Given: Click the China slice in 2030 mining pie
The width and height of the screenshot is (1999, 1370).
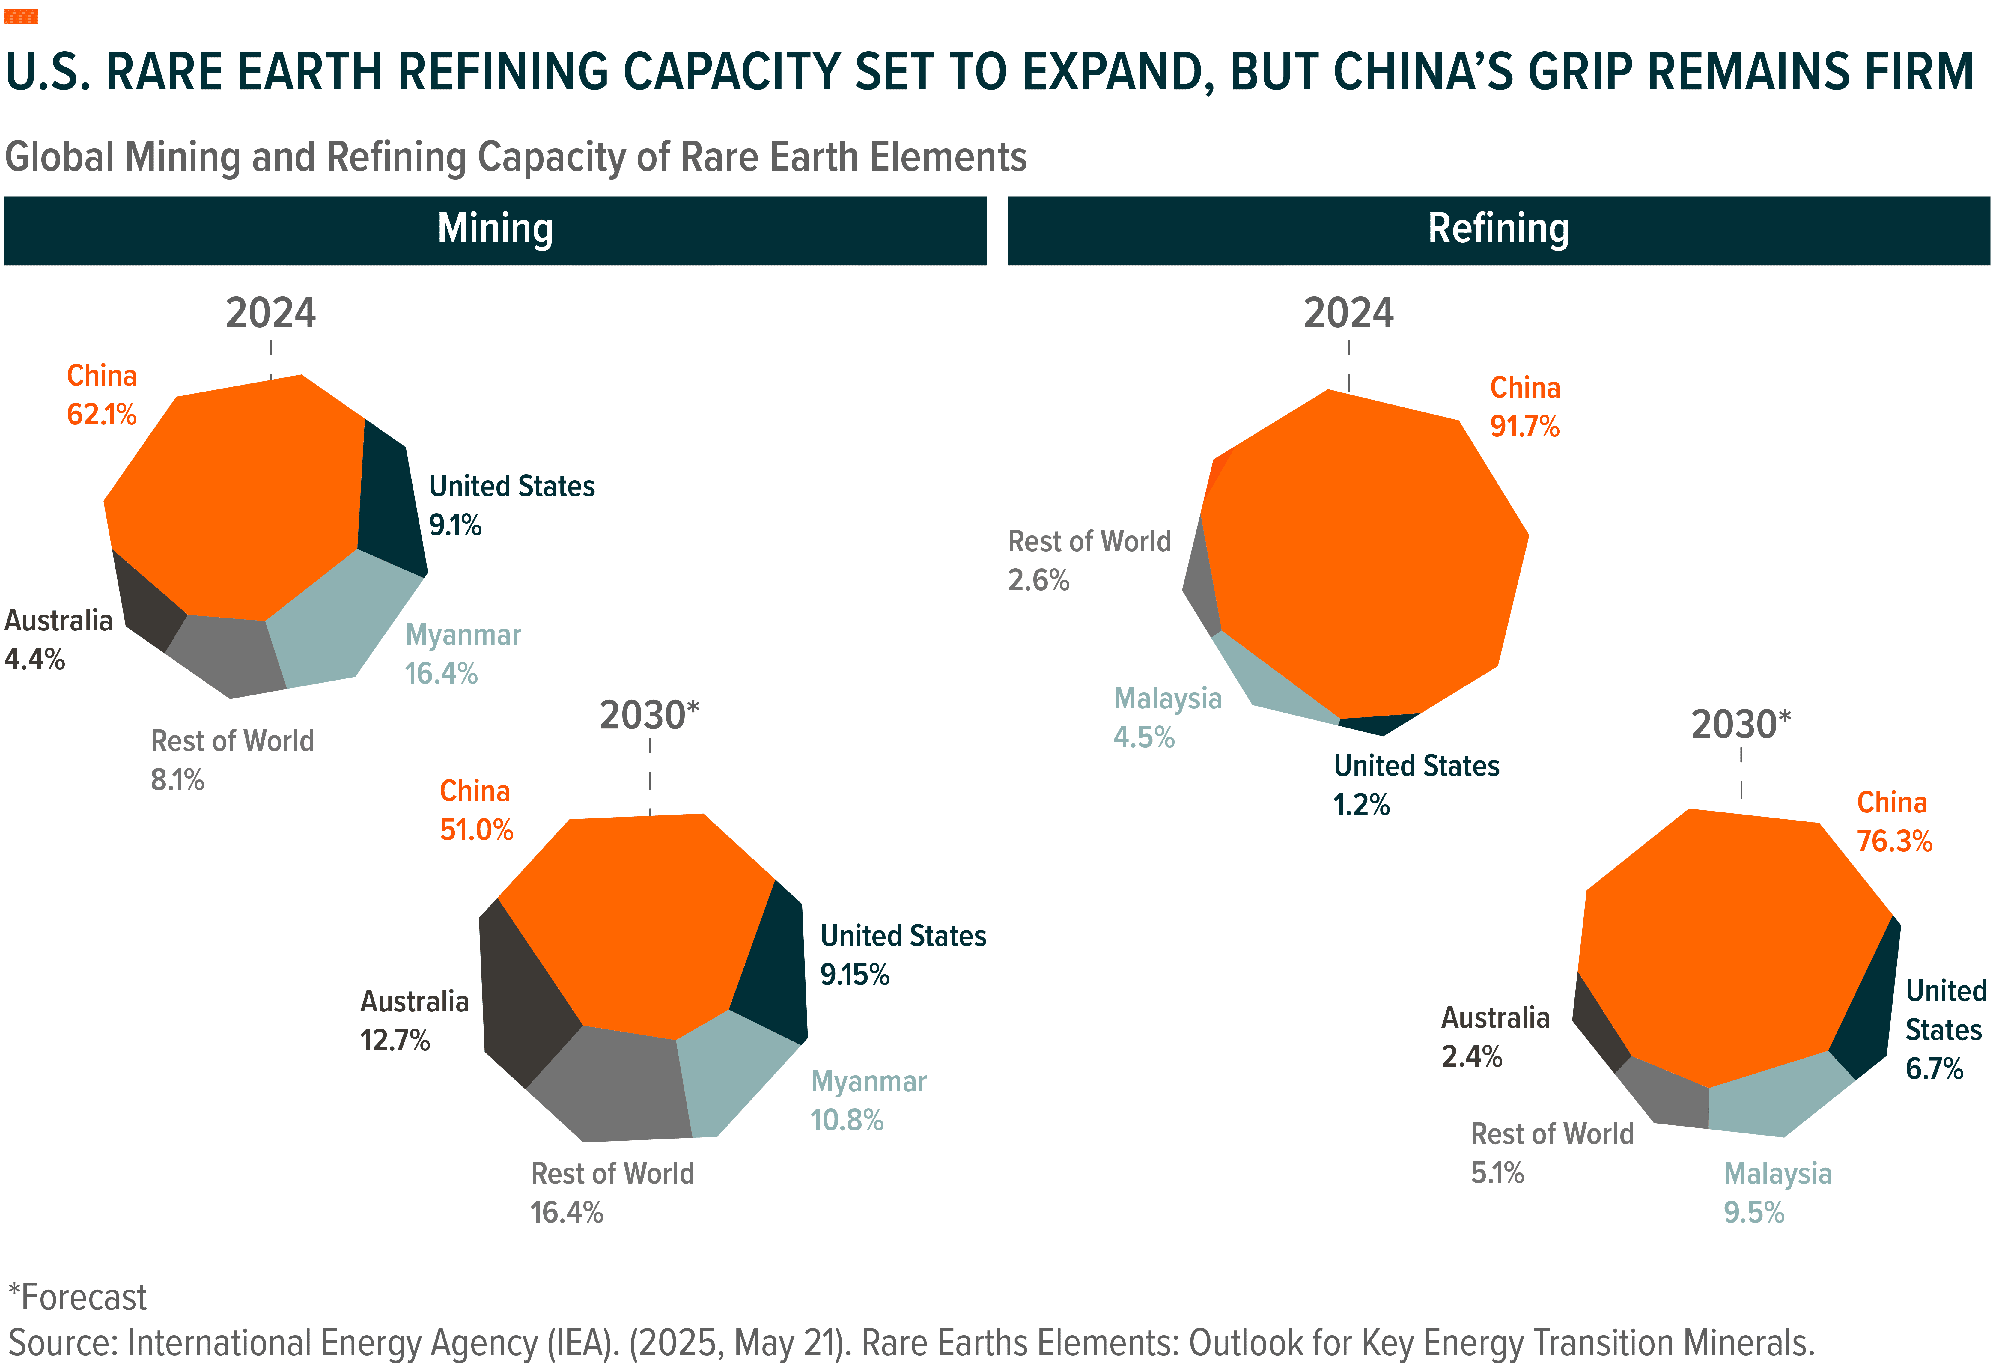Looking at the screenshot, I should pyautogui.click(x=636, y=920).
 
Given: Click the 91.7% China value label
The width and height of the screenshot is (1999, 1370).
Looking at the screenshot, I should pyautogui.click(x=1524, y=427).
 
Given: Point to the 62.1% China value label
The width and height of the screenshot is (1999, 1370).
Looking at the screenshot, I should pyautogui.click(x=102, y=415).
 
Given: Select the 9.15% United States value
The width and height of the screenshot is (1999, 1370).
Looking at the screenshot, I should pyautogui.click(x=854, y=974).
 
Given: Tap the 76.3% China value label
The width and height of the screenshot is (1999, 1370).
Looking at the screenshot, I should pyautogui.click(x=1894, y=841).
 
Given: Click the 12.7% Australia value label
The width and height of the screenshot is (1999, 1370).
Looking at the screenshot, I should pyautogui.click(x=395, y=1041).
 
